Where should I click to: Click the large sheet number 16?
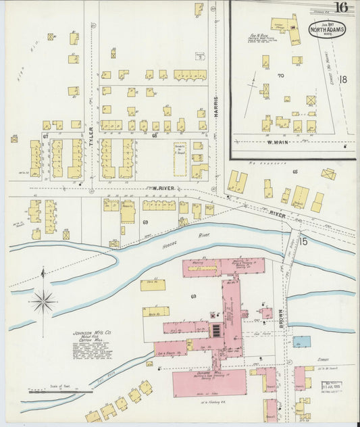pyautogui.click(x=340, y=8)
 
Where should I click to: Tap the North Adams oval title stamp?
pyautogui.click(x=324, y=30)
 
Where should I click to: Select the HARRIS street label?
pyautogui.click(x=217, y=109)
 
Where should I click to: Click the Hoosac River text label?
pyautogui.click(x=196, y=234)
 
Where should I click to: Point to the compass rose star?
pyautogui.click(x=43, y=301)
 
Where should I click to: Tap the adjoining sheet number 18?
pyautogui.click(x=342, y=80)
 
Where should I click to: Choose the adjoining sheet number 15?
pyautogui.click(x=303, y=241)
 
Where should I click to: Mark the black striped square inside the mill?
pyautogui.click(x=216, y=330)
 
